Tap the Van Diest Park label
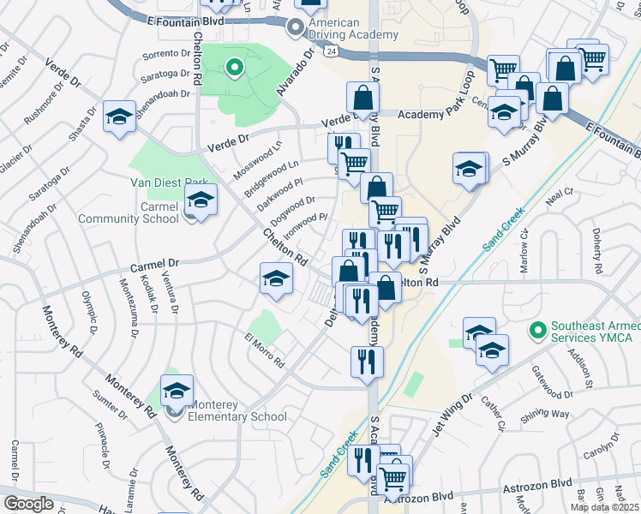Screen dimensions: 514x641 point(169,182)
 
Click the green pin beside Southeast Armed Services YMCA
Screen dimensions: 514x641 point(537,329)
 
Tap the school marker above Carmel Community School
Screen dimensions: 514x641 point(201,200)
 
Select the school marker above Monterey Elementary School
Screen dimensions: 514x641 point(177,391)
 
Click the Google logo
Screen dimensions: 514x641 point(28,503)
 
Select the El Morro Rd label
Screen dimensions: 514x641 point(266,350)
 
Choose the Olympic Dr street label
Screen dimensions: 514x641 point(92,311)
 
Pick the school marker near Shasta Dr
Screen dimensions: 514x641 point(119,117)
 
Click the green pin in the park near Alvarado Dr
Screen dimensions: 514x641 point(233,66)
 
